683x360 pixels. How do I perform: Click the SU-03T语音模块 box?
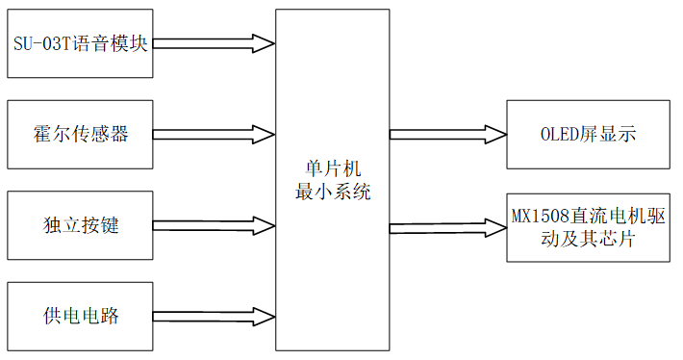(x=79, y=44)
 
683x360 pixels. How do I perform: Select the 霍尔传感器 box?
(x=79, y=134)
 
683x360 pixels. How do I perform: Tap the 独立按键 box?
(x=79, y=226)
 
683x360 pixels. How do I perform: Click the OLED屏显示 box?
(x=588, y=134)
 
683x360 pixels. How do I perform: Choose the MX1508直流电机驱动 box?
(x=588, y=227)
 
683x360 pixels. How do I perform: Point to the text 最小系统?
(x=332, y=192)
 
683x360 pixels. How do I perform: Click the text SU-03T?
(x=40, y=44)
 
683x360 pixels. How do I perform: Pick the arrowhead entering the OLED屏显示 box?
(x=494, y=134)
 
